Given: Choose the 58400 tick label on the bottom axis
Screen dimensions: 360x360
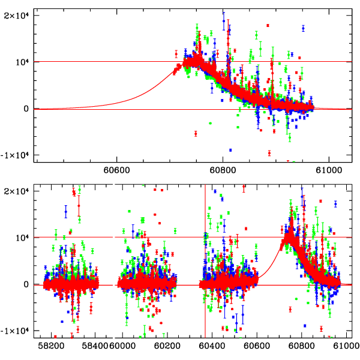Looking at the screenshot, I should tap(94, 347).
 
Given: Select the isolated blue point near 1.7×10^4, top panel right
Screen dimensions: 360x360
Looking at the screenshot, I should tap(304, 28).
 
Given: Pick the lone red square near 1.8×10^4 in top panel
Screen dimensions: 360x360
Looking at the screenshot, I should tap(268, 25).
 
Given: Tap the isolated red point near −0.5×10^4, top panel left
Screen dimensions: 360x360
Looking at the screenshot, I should tap(196, 133).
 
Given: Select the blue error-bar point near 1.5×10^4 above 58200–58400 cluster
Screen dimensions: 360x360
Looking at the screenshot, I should tap(66, 211).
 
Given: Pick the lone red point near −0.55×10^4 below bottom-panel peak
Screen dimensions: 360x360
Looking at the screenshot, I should tap(290, 310).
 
